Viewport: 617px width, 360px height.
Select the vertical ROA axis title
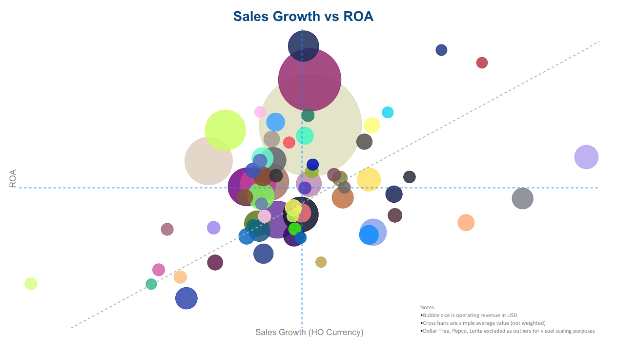tap(13, 178)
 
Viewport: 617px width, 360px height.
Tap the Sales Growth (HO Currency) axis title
tap(309, 332)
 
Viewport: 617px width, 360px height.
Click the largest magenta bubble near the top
tap(309, 80)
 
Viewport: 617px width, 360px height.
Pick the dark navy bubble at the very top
tap(303, 45)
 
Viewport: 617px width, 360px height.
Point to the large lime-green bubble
tap(225, 130)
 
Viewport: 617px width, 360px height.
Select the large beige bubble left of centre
tap(208, 161)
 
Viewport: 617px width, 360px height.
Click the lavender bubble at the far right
tap(586, 157)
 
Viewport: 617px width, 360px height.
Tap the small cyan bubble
tap(388, 112)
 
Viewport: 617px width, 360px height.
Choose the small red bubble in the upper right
tap(482, 63)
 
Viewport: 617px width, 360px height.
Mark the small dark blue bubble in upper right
tap(441, 50)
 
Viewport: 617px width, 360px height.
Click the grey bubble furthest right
tap(522, 198)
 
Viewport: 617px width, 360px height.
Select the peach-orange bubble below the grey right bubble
tap(466, 222)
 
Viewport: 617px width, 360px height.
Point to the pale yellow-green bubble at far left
tap(31, 283)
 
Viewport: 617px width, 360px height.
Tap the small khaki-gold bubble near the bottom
tap(321, 262)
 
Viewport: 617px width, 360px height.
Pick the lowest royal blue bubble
tap(186, 298)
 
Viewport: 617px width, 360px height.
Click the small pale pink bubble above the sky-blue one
tap(260, 111)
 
